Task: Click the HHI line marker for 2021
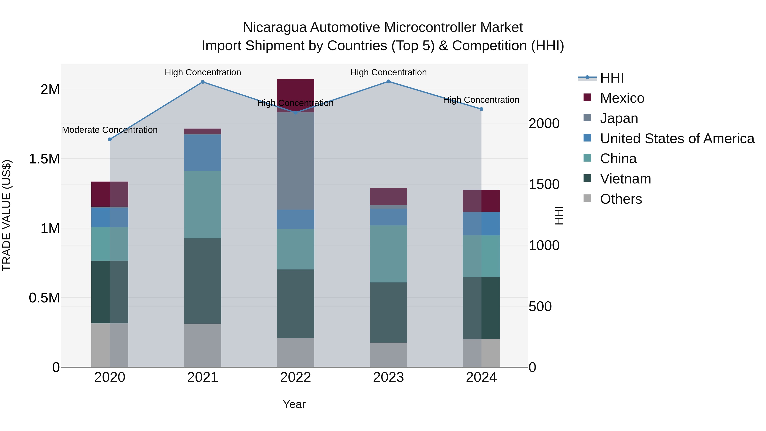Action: coord(203,82)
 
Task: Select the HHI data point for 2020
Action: coord(110,139)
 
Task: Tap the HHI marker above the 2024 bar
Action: coord(482,109)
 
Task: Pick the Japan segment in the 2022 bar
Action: coord(295,161)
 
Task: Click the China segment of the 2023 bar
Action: coord(388,254)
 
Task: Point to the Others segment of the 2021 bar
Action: coord(203,345)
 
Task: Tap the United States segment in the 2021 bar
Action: coord(203,153)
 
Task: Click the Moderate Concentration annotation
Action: coord(110,130)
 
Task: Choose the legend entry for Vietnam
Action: coord(625,179)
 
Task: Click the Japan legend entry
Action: coord(619,118)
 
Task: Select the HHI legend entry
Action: coord(612,78)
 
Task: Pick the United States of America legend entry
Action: coord(677,139)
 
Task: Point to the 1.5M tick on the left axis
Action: coord(44,159)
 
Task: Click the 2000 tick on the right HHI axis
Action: coord(544,123)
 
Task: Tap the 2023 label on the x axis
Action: coord(388,377)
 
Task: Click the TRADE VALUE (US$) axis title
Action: coord(7,215)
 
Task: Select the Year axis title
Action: coord(294,404)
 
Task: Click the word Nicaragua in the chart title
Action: coord(274,27)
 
